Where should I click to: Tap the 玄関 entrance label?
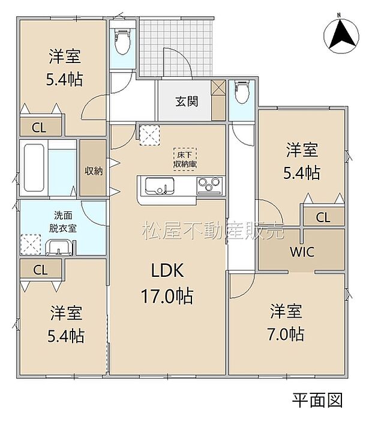coord(186,101)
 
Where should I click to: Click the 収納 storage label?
coord(93,171)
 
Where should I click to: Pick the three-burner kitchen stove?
coord(208,186)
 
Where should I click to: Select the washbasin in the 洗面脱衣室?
coord(58,247)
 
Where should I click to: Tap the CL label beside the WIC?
coord(322,217)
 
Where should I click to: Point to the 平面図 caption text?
coord(317,398)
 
